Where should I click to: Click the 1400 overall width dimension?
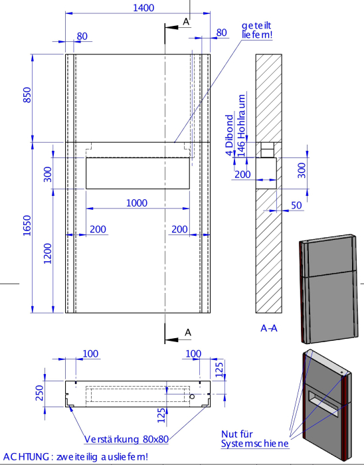pyautogui.click(x=143, y=8)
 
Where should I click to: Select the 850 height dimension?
pyautogui.click(x=27, y=95)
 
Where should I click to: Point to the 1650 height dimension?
pyautogui.click(x=27, y=226)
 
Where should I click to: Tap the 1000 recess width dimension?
pyautogui.click(x=137, y=203)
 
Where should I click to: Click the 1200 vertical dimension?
pyautogui.click(x=47, y=254)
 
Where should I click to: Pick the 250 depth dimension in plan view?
pyautogui.click(x=39, y=393)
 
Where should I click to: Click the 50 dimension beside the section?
pyautogui.click(x=296, y=205)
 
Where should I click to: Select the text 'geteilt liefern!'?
pyautogui.click(x=257, y=30)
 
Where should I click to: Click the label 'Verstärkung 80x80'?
pyautogui.click(x=127, y=439)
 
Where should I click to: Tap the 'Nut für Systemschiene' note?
pyautogui.click(x=254, y=439)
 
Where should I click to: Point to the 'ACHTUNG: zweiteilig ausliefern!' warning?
pyautogui.click(x=75, y=456)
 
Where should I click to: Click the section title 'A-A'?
pyautogui.click(x=269, y=328)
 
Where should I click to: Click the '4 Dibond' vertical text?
pyautogui.click(x=229, y=136)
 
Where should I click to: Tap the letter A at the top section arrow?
pyautogui.click(x=186, y=22)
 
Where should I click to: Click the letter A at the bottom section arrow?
pyautogui.click(x=188, y=332)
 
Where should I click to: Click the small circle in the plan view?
pyautogui.click(x=192, y=397)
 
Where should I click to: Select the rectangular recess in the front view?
pyautogui.click(x=137, y=173)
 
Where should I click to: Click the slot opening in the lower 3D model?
pyautogui.click(x=323, y=403)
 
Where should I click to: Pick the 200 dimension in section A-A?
pyautogui.click(x=242, y=174)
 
